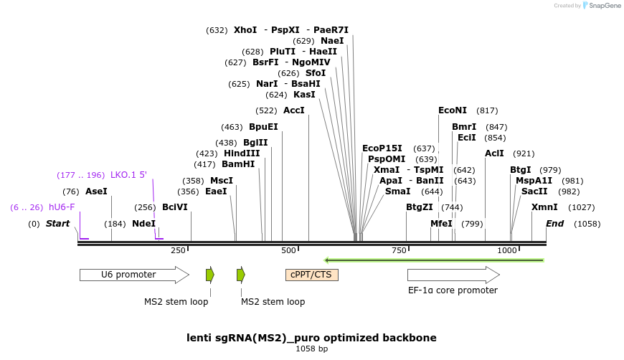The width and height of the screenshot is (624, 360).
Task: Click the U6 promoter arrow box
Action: tap(133, 275)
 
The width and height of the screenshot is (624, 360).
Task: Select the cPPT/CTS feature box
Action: tap(312, 275)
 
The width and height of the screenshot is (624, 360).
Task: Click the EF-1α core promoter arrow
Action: tap(453, 275)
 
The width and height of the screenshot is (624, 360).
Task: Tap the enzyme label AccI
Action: tap(294, 110)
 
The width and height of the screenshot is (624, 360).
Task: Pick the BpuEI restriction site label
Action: tap(263, 127)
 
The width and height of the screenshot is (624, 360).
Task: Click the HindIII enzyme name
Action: tap(242, 153)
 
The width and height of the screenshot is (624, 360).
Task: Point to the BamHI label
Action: tap(239, 164)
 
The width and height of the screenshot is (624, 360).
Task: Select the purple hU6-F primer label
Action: tap(62, 207)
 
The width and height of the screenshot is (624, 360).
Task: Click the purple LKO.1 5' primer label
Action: tap(128, 175)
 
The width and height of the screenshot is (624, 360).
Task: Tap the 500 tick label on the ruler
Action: tap(288, 250)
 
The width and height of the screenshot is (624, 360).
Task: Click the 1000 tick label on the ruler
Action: tap(507, 250)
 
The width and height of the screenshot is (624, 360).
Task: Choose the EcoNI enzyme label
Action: tap(453, 110)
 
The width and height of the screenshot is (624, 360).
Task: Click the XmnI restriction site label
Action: tap(544, 207)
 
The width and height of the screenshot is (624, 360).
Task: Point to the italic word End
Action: tap(554, 224)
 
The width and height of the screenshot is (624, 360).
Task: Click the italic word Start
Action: tap(57, 224)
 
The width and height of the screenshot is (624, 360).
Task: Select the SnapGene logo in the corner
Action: tap(602, 6)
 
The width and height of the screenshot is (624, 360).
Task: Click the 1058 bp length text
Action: tap(311, 349)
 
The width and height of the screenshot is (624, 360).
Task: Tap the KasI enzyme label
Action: tap(304, 95)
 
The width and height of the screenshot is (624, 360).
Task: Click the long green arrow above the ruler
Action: tap(434, 260)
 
